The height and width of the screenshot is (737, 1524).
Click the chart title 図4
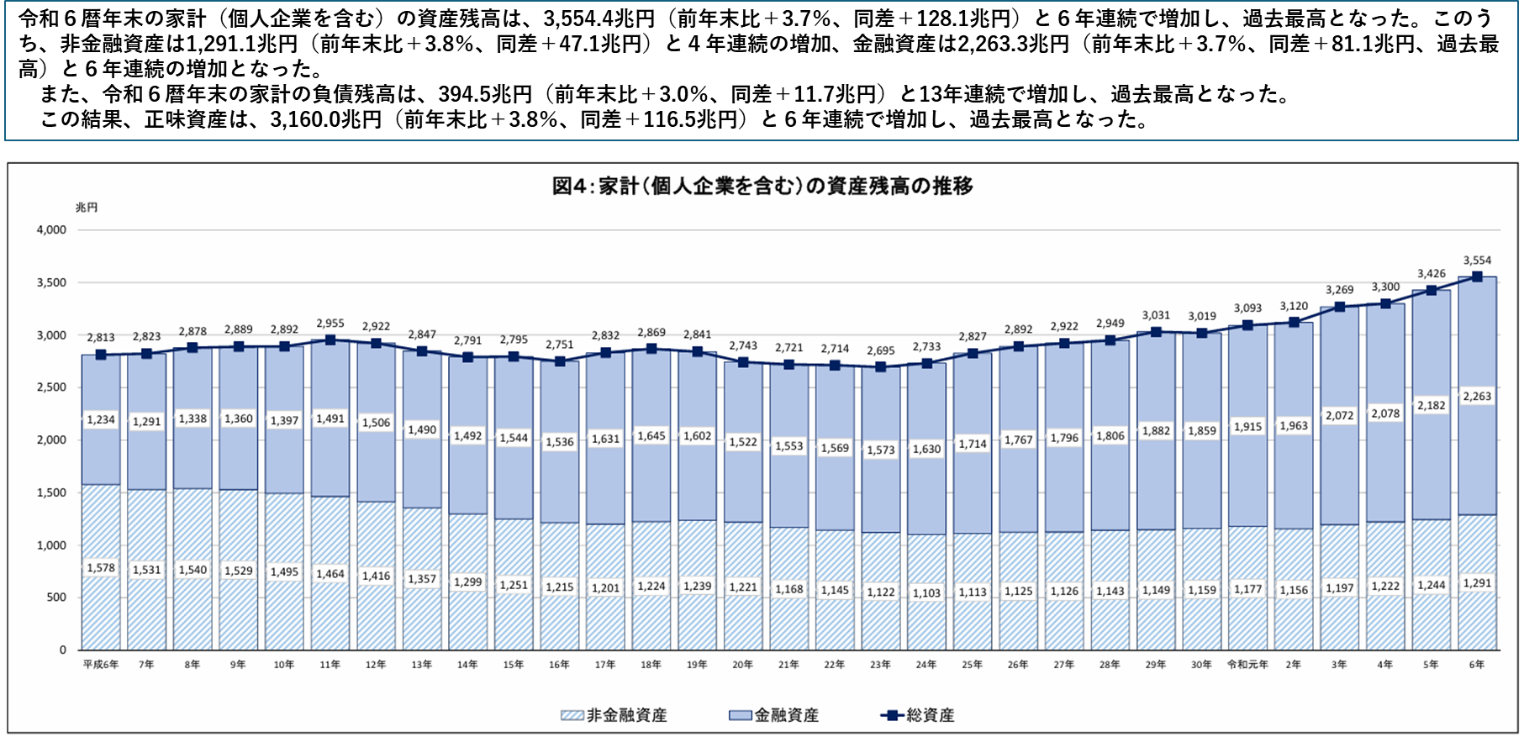pos(762,186)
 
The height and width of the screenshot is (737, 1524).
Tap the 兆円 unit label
pos(87,208)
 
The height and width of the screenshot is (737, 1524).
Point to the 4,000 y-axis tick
pos(51,230)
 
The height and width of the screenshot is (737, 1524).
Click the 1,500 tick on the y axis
pos(51,492)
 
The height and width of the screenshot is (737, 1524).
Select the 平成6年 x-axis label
pos(101,665)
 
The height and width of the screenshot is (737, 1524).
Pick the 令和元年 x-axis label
pos(1247,665)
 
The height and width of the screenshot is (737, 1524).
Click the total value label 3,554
pos(1477,261)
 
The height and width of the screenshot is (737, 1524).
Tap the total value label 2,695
pos(880,350)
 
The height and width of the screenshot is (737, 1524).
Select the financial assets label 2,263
pos(1477,397)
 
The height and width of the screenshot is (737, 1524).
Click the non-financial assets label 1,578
pos(101,568)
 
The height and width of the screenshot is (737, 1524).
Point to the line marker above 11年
pos(330,340)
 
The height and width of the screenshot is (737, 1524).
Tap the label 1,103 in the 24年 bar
pos(926,593)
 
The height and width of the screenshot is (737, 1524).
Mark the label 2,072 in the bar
pos(1339,415)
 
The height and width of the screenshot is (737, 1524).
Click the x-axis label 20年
pos(742,665)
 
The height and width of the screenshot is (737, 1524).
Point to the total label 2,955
pos(330,323)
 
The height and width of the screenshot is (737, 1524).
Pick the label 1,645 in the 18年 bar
pos(651,436)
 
